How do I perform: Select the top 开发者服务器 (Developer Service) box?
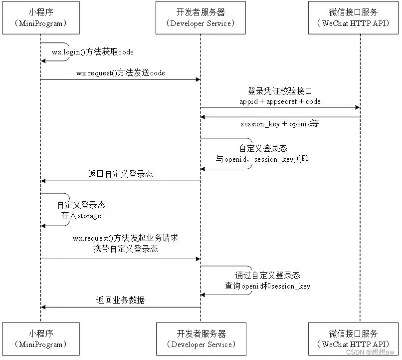[x=201, y=17]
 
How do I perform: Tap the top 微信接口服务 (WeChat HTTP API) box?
[x=360, y=17]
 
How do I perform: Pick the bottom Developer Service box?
[x=201, y=339]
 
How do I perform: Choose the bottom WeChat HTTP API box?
[x=360, y=339]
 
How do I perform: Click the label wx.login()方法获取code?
[x=93, y=52]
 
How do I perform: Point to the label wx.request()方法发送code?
[x=120, y=73]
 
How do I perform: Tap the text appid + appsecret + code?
[x=280, y=101]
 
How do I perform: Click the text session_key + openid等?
[x=280, y=124]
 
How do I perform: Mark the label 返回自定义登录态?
[x=120, y=174]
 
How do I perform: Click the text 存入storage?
[x=81, y=216]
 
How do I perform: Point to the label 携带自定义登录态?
[x=125, y=249]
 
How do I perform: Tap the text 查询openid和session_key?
[x=267, y=286]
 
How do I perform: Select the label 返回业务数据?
[x=120, y=301]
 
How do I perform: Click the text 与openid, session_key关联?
[x=262, y=159]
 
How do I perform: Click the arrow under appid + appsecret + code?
[x=280, y=107]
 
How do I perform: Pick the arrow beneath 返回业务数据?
[x=120, y=308]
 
